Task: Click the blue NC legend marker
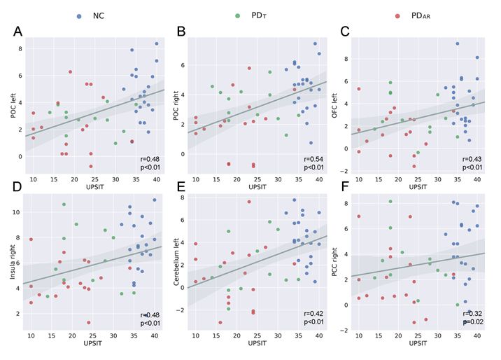click(79, 15)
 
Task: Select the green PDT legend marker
click(238, 15)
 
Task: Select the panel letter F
click(343, 188)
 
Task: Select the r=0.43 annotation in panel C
click(472, 160)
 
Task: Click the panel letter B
click(181, 32)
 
